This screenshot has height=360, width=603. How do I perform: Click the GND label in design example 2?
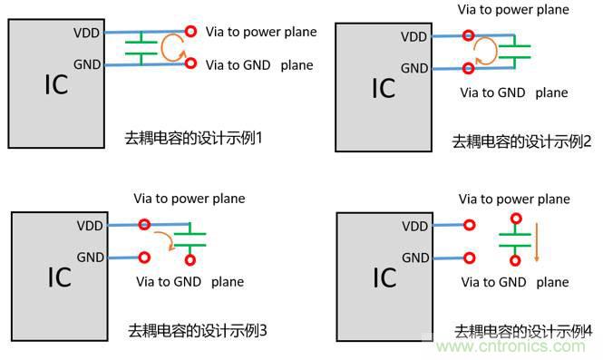coord(414,68)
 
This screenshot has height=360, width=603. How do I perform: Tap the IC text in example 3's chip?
coord(59,277)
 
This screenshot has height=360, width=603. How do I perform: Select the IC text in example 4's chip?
coord(384,277)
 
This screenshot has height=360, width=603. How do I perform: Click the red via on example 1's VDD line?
coord(190,32)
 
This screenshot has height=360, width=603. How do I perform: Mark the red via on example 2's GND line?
coord(469,68)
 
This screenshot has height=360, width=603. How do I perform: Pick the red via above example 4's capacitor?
coord(515,219)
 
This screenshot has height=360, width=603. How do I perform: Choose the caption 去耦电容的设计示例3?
coord(197,329)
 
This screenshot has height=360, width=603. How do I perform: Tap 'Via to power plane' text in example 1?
coord(261,33)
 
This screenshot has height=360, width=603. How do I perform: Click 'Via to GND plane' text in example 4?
coord(514,282)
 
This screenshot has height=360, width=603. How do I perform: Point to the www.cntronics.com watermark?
coord(530,346)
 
